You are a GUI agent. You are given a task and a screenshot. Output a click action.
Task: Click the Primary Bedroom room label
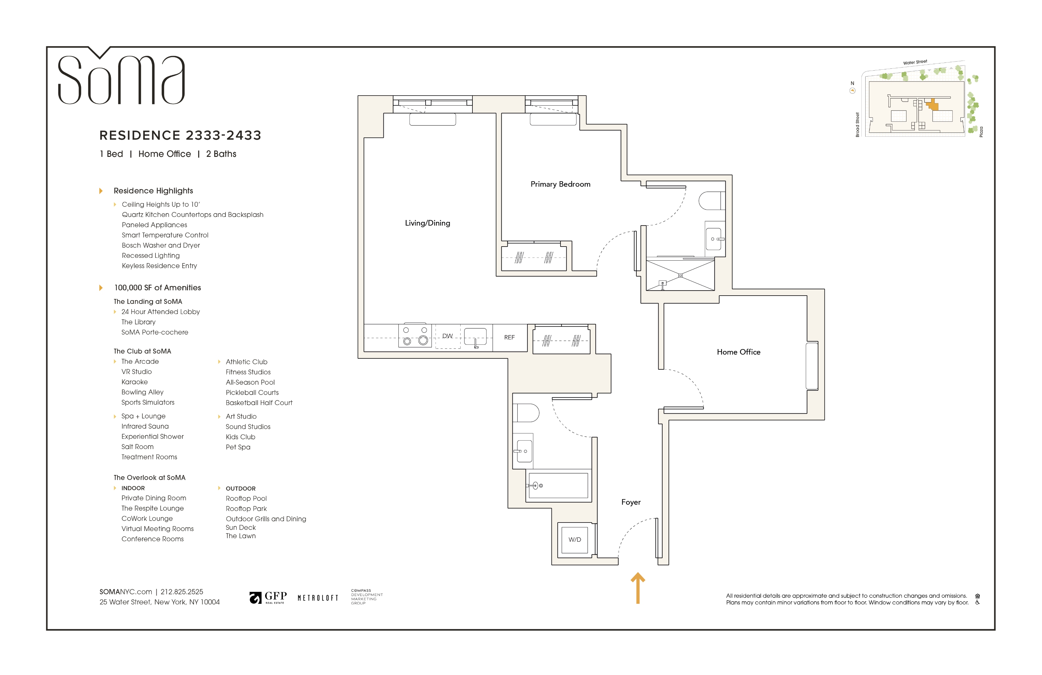(560, 184)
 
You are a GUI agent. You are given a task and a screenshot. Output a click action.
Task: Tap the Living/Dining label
(427, 223)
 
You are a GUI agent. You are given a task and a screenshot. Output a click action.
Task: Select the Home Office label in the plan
(738, 352)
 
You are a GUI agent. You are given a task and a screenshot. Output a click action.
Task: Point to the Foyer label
(630, 502)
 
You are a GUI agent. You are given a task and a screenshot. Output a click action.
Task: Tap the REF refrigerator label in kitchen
(509, 337)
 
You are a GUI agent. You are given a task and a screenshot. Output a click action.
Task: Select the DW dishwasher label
(447, 336)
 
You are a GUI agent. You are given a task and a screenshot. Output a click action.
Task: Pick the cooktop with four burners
(415, 336)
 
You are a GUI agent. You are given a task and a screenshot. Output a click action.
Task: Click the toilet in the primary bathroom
(711, 201)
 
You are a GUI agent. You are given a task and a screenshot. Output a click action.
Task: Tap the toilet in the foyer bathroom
(527, 412)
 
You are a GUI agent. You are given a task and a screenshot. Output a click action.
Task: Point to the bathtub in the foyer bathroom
(558, 485)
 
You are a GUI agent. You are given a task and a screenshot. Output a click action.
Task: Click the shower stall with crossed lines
(680, 275)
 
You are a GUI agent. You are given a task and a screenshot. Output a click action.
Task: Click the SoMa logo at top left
(121, 79)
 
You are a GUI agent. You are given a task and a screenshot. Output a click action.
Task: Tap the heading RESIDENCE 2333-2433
(180, 135)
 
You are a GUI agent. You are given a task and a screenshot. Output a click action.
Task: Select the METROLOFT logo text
(318, 598)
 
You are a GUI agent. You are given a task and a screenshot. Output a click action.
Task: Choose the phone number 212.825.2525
(182, 592)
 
